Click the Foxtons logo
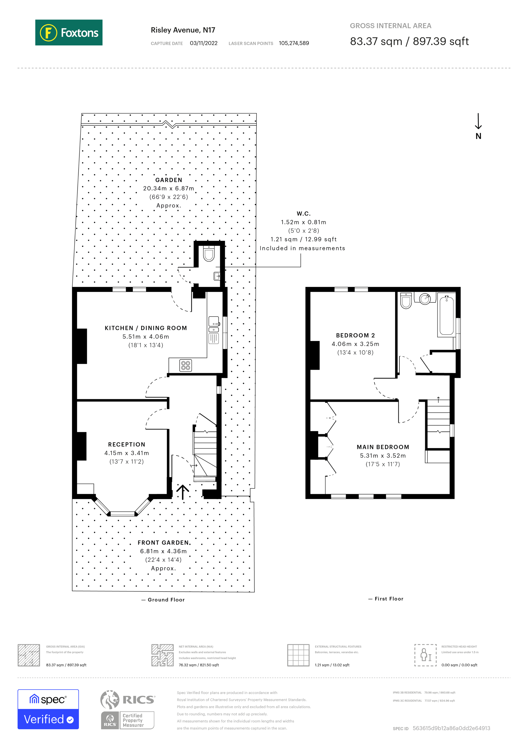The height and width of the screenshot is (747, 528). click(69, 32)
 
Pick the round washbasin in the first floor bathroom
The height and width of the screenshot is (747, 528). click(425, 298)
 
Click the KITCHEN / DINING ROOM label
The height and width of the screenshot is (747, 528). click(146, 328)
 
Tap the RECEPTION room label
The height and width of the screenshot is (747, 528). click(126, 444)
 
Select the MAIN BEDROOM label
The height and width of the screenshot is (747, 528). click(383, 447)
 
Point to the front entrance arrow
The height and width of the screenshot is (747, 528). click(183, 492)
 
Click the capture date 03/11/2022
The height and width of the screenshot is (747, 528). click(204, 43)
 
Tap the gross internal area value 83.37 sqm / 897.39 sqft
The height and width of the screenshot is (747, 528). click(409, 42)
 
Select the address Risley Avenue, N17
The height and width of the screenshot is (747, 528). click(183, 30)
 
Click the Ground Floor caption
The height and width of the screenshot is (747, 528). click(166, 600)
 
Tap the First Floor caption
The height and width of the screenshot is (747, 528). click(389, 599)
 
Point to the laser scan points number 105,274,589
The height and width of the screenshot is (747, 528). click(294, 43)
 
